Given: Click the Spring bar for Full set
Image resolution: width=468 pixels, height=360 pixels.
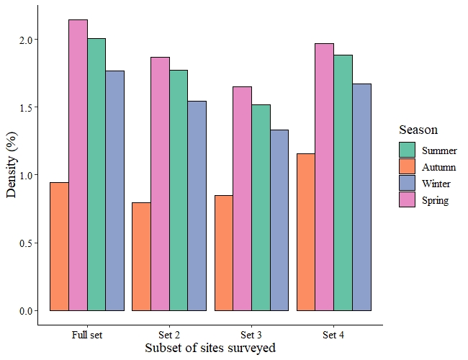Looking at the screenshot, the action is click(x=78, y=165).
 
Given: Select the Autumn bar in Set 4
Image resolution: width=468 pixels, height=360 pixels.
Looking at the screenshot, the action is click(x=306, y=233).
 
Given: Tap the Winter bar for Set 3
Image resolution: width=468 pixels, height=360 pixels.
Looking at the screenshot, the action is click(x=279, y=220).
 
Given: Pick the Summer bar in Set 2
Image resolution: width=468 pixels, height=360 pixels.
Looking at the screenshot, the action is click(x=179, y=191).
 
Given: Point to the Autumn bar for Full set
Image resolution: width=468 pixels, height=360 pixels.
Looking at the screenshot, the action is click(x=59, y=246).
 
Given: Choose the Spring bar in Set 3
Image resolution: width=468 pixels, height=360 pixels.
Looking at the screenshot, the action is click(x=243, y=199).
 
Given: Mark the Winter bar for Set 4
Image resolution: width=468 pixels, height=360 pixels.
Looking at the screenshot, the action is click(x=361, y=197).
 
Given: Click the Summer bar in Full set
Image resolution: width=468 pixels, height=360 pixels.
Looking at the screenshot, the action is click(x=96, y=175).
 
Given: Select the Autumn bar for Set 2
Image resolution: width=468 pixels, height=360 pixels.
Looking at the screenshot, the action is click(x=141, y=257).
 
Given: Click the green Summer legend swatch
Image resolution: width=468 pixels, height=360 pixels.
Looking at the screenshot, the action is click(x=407, y=150).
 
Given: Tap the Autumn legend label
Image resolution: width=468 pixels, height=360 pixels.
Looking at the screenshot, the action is click(x=438, y=167).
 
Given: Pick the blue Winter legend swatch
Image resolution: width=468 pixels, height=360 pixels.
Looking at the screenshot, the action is click(x=407, y=183).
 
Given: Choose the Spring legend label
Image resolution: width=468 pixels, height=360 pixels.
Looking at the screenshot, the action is click(x=435, y=200).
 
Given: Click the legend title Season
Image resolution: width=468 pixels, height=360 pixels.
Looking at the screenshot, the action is click(x=418, y=130).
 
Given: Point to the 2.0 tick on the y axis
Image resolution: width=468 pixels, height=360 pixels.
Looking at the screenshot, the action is click(x=27, y=40).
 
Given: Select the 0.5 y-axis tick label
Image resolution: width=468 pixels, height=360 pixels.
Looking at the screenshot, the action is click(x=27, y=243).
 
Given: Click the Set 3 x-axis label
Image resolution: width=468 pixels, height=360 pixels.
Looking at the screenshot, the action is click(x=251, y=335).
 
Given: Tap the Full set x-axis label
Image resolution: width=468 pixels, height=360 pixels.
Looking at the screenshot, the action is click(x=87, y=335).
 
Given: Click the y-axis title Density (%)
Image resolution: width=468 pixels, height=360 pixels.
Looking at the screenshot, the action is click(x=12, y=164).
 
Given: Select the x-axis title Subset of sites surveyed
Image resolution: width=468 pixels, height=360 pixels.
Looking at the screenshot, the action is click(x=210, y=348).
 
